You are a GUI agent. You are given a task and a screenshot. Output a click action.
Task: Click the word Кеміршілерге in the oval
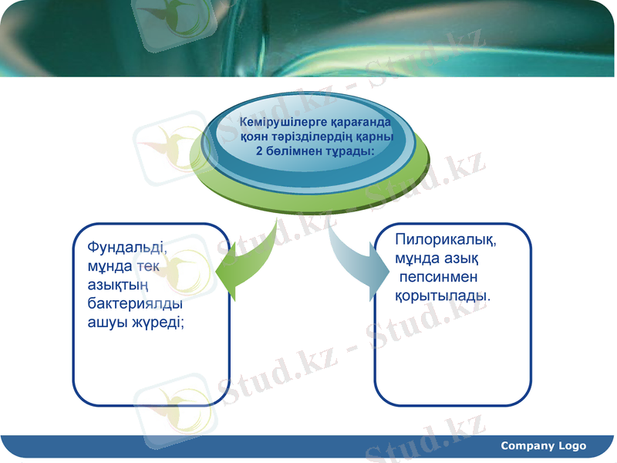click(x=274, y=123)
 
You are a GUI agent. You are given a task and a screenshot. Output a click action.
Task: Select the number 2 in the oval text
click(x=259, y=150)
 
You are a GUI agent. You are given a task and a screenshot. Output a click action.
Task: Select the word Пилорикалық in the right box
click(x=444, y=240)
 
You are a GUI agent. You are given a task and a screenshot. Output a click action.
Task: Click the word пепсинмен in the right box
click(x=439, y=277)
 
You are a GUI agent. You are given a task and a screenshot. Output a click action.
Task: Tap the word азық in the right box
click(x=462, y=259)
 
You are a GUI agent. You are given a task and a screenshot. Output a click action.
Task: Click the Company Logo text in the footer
click(x=543, y=446)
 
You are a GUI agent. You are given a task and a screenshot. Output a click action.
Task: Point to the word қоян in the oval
click(x=255, y=137)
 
